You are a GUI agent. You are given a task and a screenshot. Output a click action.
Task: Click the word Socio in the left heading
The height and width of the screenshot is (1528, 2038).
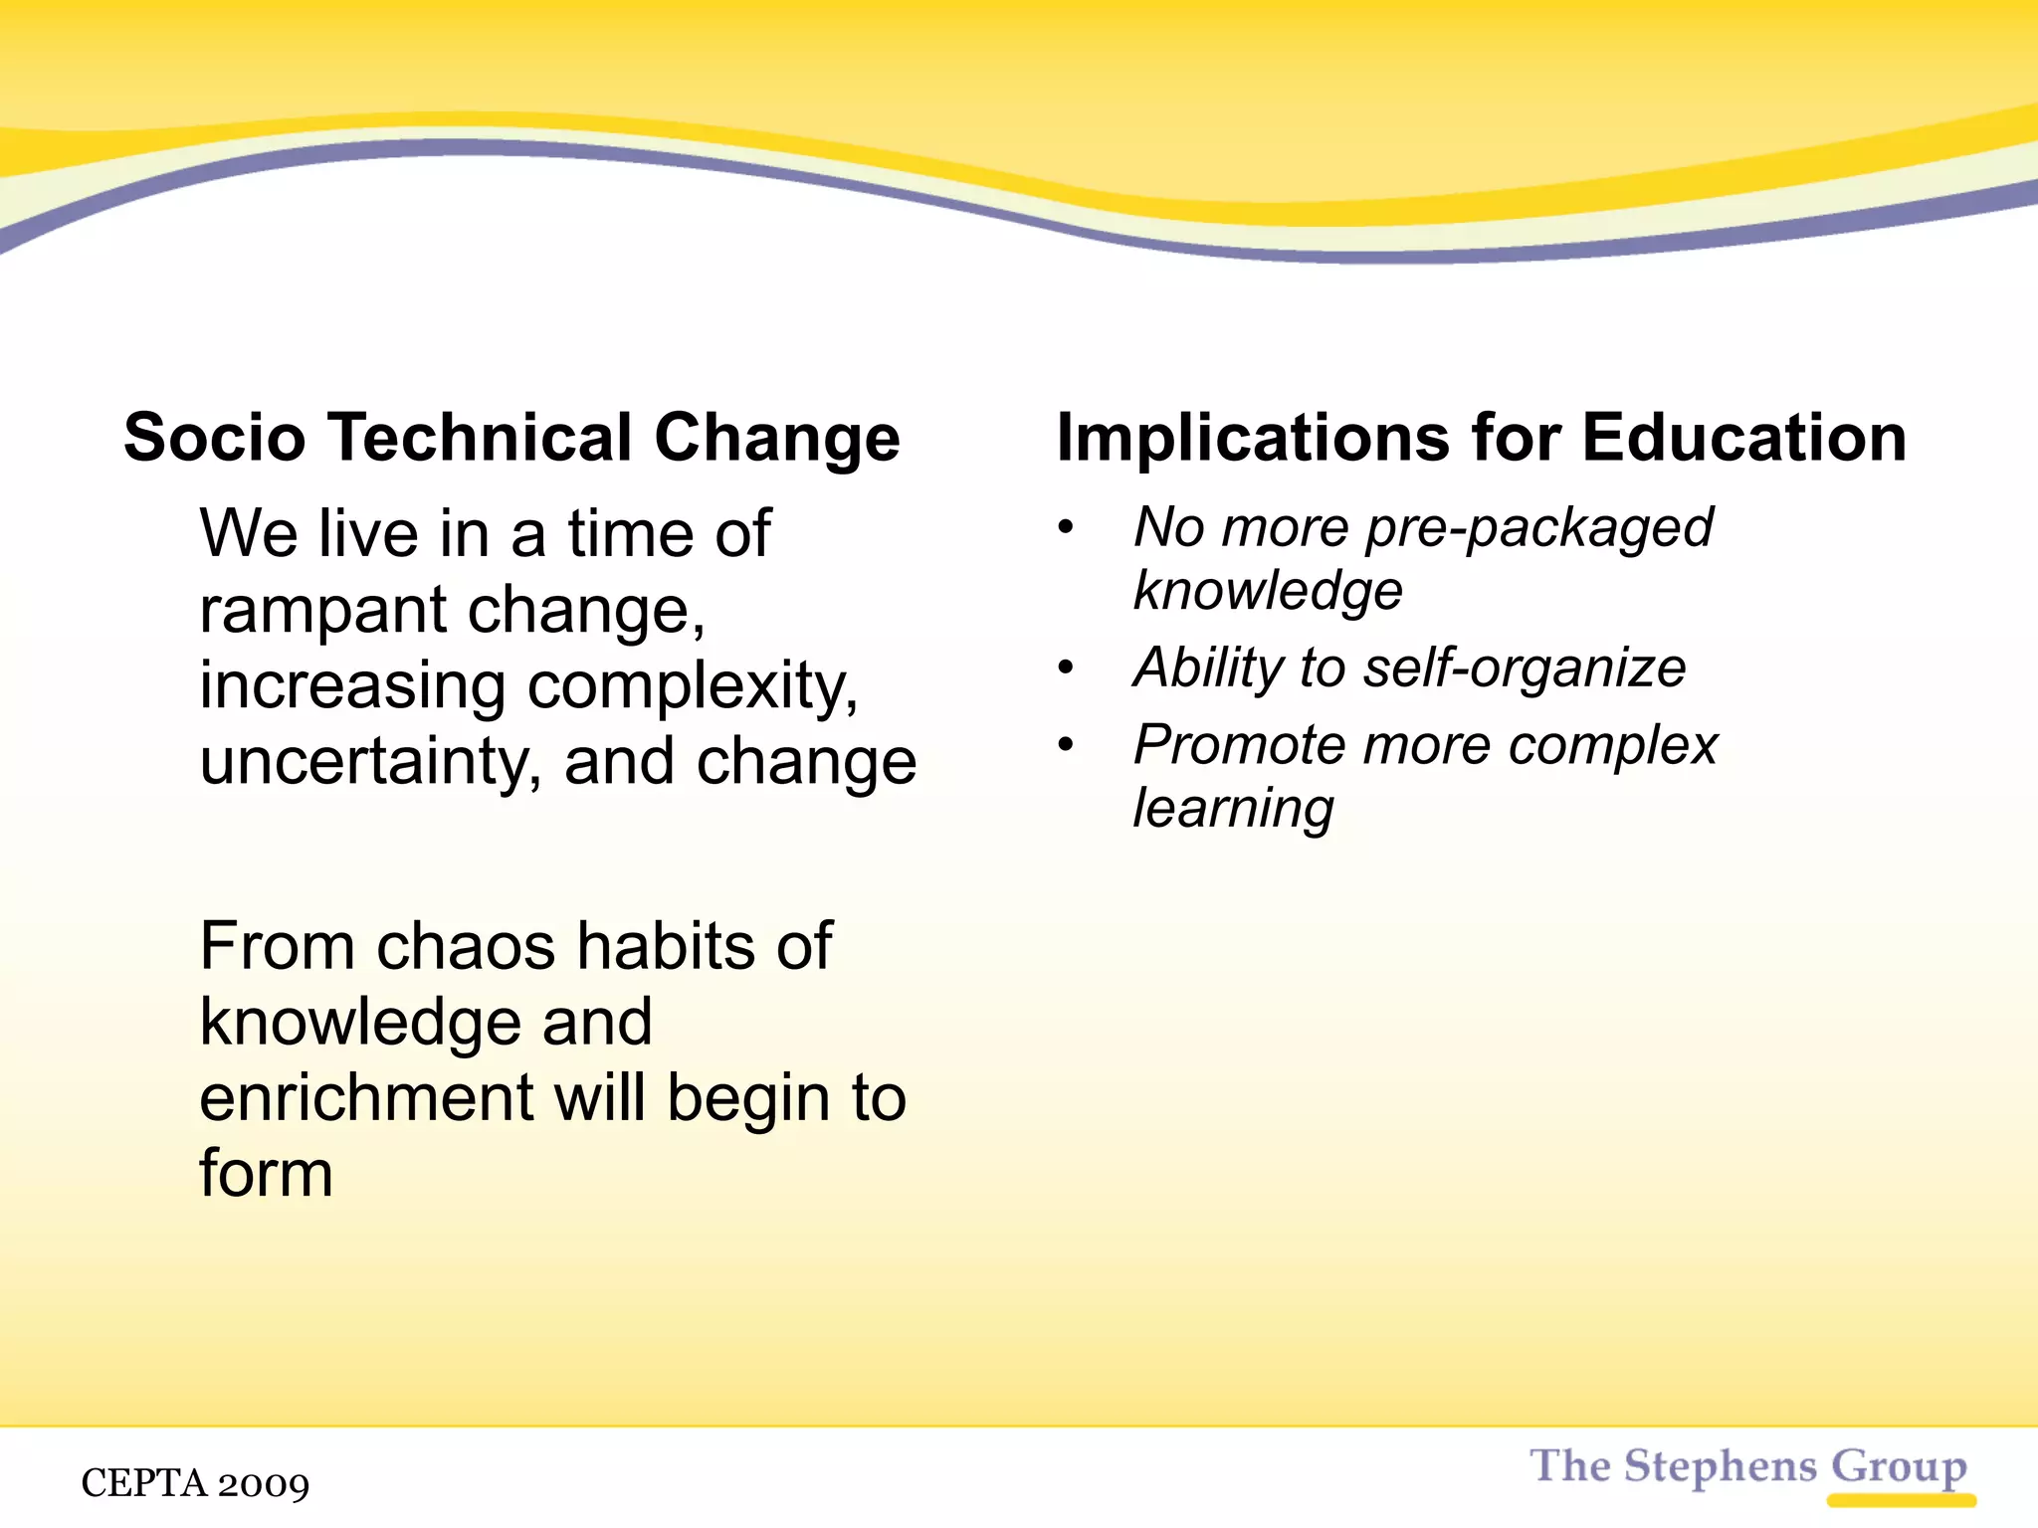[x=214, y=438]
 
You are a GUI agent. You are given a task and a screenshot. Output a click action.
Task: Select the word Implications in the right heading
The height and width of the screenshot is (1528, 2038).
[x=1253, y=438]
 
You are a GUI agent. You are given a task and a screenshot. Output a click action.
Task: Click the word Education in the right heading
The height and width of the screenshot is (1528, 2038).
[x=1743, y=438]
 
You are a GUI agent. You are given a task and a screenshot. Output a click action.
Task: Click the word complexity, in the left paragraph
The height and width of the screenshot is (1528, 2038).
[x=693, y=686]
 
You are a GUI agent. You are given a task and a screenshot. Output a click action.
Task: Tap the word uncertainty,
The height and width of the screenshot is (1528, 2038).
[x=371, y=762]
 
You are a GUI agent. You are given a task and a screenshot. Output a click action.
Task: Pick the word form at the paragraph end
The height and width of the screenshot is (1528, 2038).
[x=266, y=1174]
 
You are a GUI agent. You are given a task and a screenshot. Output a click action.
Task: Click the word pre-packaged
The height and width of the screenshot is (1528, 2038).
[x=1538, y=527]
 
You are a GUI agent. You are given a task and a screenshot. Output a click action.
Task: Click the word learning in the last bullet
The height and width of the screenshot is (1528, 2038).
[x=1234, y=808]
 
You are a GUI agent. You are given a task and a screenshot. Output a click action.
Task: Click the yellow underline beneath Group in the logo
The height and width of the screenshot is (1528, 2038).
[x=1901, y=1500]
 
